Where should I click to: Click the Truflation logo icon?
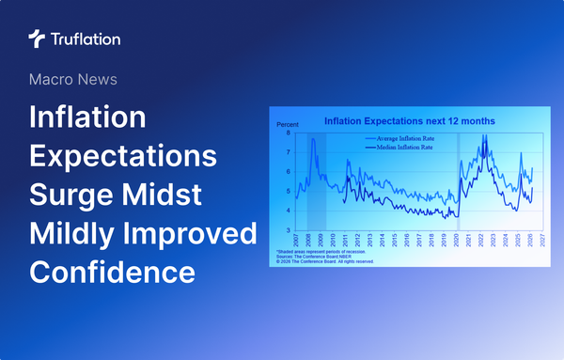36,39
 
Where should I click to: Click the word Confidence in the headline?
113,272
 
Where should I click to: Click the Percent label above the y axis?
286,125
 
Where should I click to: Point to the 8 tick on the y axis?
288,134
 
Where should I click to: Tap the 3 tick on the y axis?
288,230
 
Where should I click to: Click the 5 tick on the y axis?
288,192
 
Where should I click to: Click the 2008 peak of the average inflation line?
312,142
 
